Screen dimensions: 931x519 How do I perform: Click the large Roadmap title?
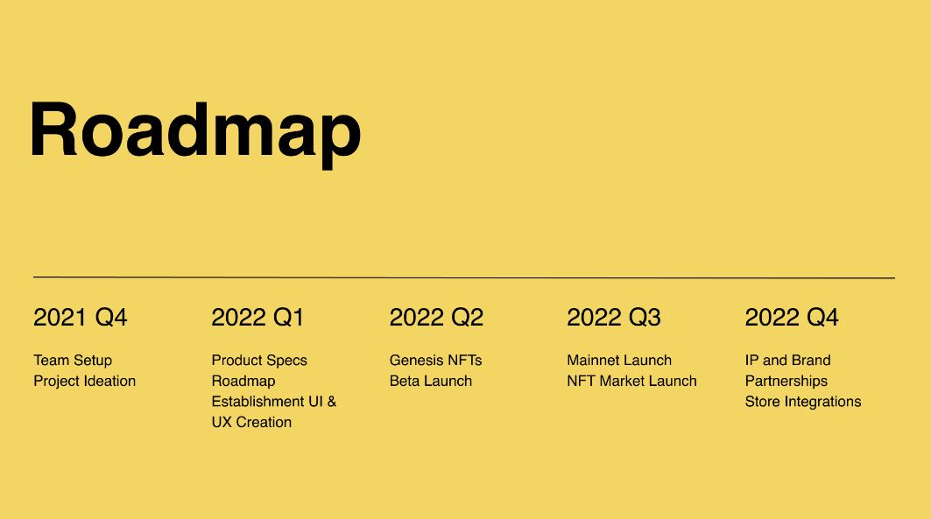[195, 134]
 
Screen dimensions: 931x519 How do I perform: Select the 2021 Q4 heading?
[81, 318]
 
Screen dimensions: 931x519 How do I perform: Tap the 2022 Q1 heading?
[257, 318]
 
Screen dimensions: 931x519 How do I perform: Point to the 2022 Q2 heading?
[436, 318]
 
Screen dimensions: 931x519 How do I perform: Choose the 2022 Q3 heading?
[614, 318]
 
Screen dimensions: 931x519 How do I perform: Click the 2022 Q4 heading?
[792, 318]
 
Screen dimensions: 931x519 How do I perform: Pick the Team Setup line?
[73, 361]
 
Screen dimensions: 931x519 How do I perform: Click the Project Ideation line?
[85, 381]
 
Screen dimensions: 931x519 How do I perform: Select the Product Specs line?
[259, 361]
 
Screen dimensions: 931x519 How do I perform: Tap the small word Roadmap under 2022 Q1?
[243, 381]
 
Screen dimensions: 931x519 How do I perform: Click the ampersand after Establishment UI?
[332, 402]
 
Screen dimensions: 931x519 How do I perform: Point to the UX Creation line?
[251, 423]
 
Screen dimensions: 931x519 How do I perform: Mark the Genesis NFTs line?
[436, 360]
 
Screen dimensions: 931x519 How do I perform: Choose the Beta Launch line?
[431, 381]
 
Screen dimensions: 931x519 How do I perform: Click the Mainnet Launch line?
[619, 360]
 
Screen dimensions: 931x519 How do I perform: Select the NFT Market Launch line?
[631, 381]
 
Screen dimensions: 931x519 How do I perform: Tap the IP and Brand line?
[788, 360]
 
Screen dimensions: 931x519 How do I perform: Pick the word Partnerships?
[786, 381]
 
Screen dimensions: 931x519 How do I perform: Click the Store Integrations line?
[803, 402]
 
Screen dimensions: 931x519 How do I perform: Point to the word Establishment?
[259, 402]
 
